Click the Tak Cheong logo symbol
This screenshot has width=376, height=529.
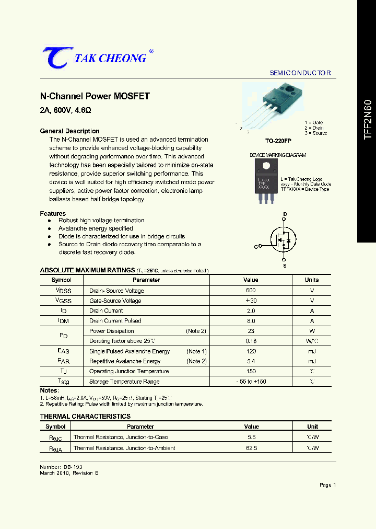(54, 57)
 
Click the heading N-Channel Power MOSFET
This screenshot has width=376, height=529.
(95, 97)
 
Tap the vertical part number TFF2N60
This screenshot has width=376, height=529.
(368, 119)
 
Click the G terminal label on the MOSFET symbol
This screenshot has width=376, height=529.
(256, 246)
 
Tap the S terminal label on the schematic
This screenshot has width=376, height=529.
(285, 266)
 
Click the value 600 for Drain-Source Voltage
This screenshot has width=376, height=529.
(251, 291)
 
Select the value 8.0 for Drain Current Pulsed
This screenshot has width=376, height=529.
(251, 321)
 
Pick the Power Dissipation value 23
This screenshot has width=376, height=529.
(251, 331)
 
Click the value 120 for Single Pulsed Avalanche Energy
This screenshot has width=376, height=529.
(251, 351)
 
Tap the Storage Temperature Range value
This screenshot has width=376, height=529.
(251, 382)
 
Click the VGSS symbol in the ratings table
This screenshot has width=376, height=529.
(62, 301)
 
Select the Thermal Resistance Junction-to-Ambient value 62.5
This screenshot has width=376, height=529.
(251, 448)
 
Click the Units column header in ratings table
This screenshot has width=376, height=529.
(312, 280)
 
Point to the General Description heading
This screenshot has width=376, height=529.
(69, 131)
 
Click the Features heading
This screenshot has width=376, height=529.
(53, 213)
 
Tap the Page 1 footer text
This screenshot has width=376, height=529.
(327, 485)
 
